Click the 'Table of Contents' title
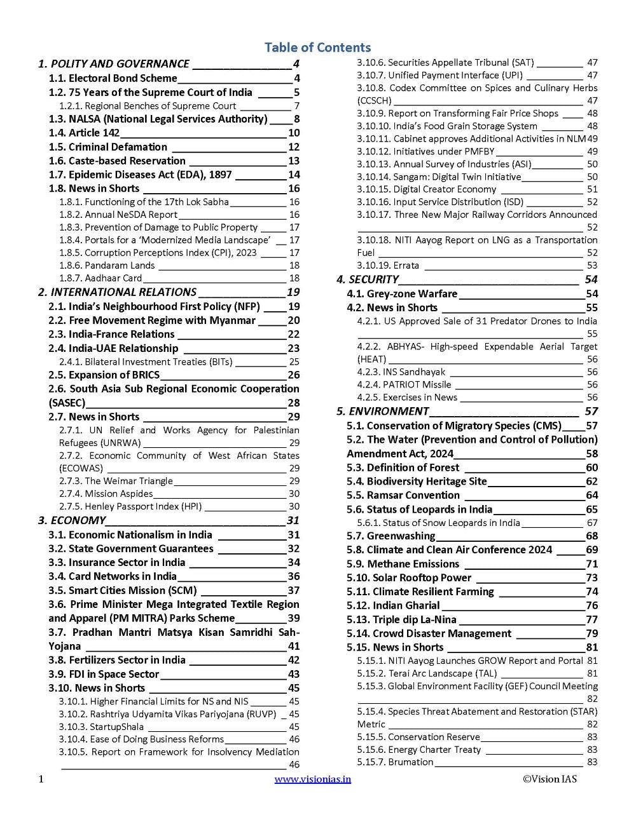coord(317,48)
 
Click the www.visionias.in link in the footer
coord(312,779)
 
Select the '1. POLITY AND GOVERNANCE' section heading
coord(114,64)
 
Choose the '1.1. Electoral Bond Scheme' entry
coord(113,78)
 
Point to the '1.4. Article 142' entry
coord(84,133)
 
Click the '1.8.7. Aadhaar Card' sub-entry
coord(100,278)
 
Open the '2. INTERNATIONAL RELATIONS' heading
coord(117,292)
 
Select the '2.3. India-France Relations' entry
coord(111,334)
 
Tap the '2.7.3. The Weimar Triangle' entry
coord(116,481)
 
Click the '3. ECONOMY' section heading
coord(71,520)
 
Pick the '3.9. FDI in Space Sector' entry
coord(104,674)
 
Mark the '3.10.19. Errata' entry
coord(388,266)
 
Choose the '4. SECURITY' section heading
coord(367,280)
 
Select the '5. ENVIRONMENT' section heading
coord(382,411)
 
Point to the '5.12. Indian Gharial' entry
coord(393,605)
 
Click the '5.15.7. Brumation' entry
coord(395,762)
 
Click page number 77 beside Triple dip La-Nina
coord(591,619)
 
